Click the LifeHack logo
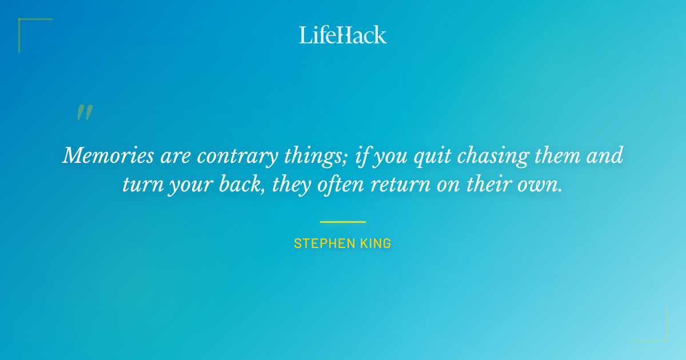[x=343, y=35]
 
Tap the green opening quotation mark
[x=85, y=113]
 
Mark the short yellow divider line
[x=343, y=222]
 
